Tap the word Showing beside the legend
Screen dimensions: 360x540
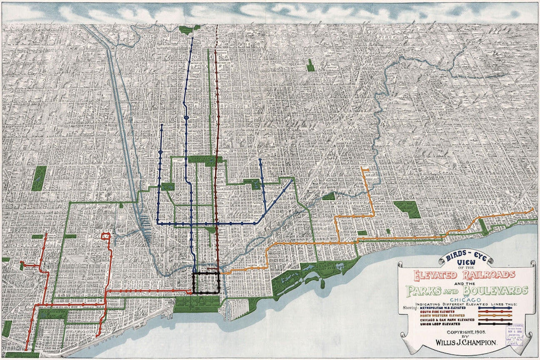pos(412,309)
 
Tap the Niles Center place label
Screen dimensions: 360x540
pos(438,107)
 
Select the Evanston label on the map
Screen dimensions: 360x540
pos(496,202)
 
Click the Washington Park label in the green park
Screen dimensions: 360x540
pos(52,312)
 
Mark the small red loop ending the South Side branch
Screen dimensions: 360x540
pos(106,236)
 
